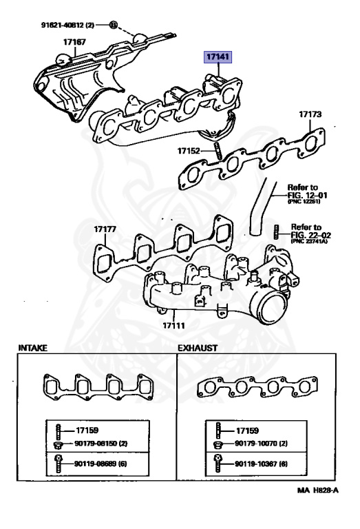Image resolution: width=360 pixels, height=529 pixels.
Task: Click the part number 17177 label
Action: point(107,229)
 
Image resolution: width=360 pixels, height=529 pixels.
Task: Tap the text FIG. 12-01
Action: point(306,195)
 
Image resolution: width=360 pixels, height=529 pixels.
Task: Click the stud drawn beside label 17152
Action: point(215,150)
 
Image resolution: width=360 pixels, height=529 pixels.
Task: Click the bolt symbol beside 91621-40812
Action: point(113,26)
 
